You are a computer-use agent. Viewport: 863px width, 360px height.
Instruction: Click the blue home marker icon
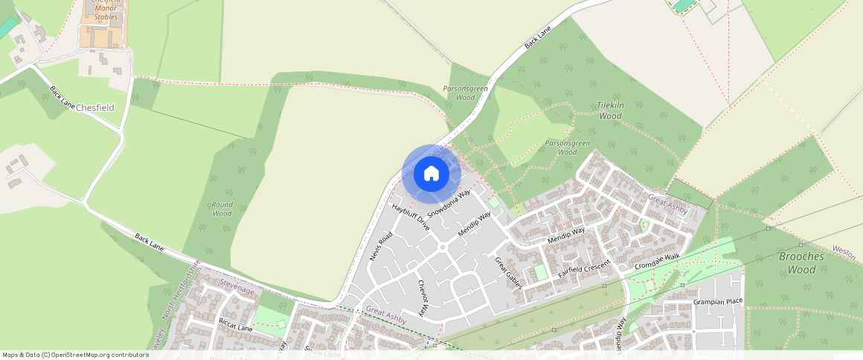431,174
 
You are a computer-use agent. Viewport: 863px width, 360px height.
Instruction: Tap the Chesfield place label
95,107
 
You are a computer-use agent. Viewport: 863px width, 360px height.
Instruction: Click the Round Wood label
222,209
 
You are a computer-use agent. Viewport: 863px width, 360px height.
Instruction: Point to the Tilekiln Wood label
610,111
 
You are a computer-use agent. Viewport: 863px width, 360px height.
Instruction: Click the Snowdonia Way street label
449,203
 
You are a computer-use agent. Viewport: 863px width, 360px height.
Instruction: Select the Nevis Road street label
380,246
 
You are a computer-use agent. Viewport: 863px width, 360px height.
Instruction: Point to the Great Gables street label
509,273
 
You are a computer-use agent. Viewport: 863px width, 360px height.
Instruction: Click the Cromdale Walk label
657,261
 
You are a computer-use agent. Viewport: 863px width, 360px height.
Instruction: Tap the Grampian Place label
718,301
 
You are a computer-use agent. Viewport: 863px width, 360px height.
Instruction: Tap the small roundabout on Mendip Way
442,248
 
